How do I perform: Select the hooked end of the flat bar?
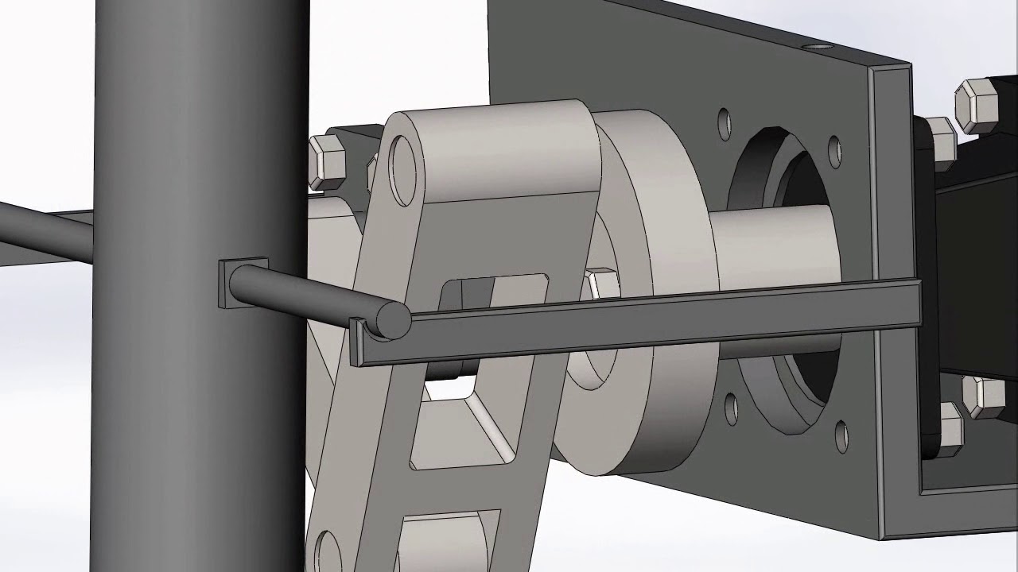click(x=359, y=343)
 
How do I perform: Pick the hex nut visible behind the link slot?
click(x=602, y=284)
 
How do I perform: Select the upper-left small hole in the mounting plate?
click(x=724, y=121)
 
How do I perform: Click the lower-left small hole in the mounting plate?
click(x=730, y=408)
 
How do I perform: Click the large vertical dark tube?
click(x=199, y=397)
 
